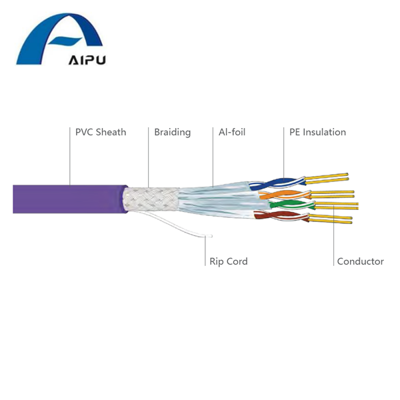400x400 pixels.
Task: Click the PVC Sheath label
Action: pyautogui.click(x=101, y=132)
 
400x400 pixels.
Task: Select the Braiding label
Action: pyautogui.click(x=172, y=132)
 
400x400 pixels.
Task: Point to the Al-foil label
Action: pyautogui.click(x=232, y=132)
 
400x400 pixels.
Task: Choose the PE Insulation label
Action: pyautogui.click(x=317, y=132)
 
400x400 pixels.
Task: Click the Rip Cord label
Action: pyautogui.click(x=228, y=261)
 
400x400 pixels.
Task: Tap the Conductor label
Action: pyautogui.click(x=360, y=261)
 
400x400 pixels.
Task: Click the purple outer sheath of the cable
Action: pyautogui.click(x=67, y=199)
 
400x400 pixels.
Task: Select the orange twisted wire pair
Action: pyautogui.click(x=280, y=195)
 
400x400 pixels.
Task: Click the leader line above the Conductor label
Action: pyautogui.click(x=334, y=233)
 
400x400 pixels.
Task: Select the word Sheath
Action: pyautogui.click(x=111, y=132)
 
